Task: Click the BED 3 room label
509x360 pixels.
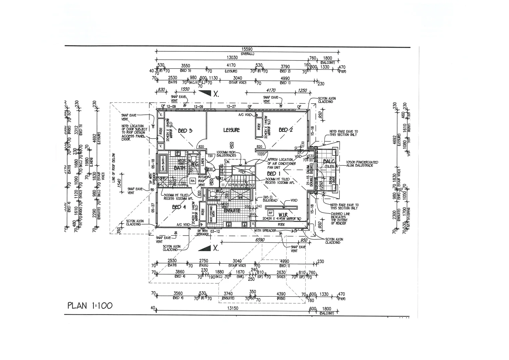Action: [x=185, y=131]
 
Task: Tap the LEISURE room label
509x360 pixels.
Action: [x=231, y=130]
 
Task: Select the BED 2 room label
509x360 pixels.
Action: [x=285, y=130]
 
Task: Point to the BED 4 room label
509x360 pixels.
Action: [x=179, y=207]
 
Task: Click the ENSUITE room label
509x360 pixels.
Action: [x=232, y=211]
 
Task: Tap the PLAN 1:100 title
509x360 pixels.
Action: [x=90, y=306]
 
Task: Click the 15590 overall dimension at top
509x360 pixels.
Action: [x=247, y=49]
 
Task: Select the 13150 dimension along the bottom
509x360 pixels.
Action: [x=232, y=308]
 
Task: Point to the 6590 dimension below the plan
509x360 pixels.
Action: [x=260, y=240]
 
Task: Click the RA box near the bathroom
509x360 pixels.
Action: [x=193, y=181]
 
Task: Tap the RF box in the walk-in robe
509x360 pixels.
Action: [x=271, y=213]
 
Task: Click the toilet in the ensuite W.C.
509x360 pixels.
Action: [x=213, y=193]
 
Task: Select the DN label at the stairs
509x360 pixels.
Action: [x=227, y=162]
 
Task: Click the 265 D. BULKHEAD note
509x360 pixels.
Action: [x=270, y=199]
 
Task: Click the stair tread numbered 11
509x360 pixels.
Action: [x=223, y=184]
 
